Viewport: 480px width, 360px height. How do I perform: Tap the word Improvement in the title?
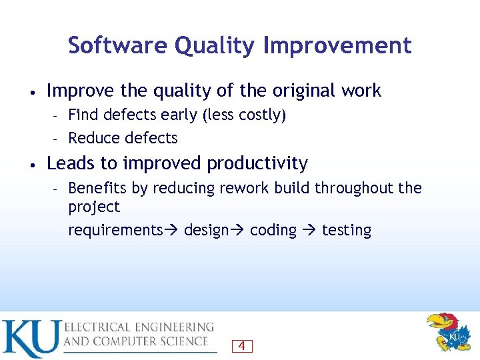pyautogui.click(x=337, y=45)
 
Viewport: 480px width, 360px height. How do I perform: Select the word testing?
pyautogui.click(x=347, y=231)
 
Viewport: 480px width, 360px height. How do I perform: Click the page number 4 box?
pyautogui.click(x=241, y=346)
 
